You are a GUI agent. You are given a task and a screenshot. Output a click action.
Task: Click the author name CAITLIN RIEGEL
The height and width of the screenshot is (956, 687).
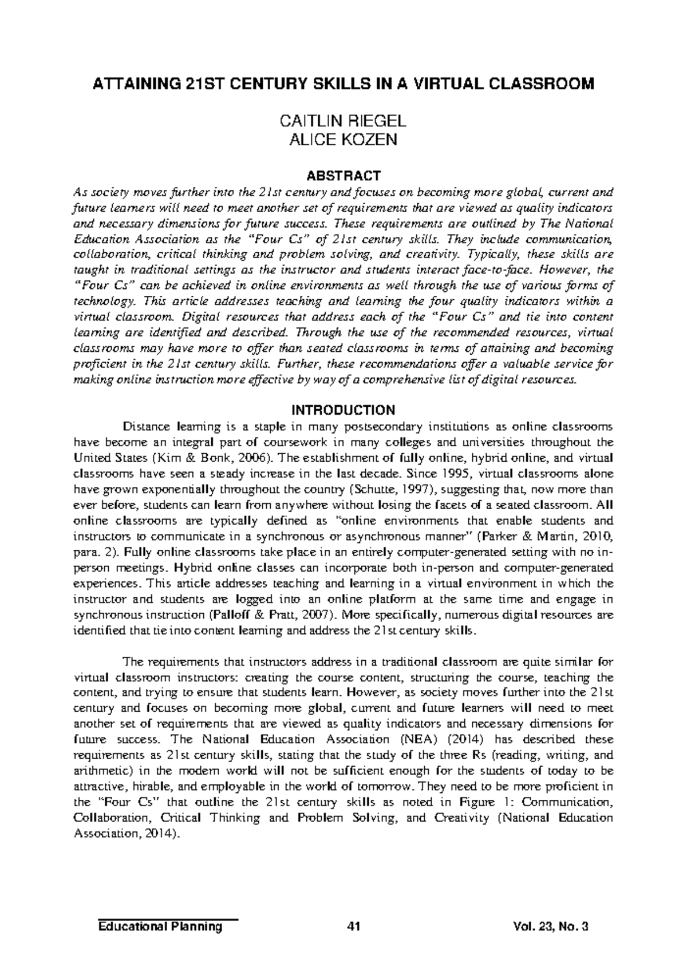click(x=343, y=121)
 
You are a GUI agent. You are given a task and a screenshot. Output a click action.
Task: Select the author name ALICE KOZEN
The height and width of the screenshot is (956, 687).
click(x=343, y=140)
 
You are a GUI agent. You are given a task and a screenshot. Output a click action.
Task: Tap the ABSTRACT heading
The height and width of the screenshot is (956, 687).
click(x=343, y=175)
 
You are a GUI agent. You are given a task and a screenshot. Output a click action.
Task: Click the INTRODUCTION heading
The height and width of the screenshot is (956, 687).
click(x=343, y=410)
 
